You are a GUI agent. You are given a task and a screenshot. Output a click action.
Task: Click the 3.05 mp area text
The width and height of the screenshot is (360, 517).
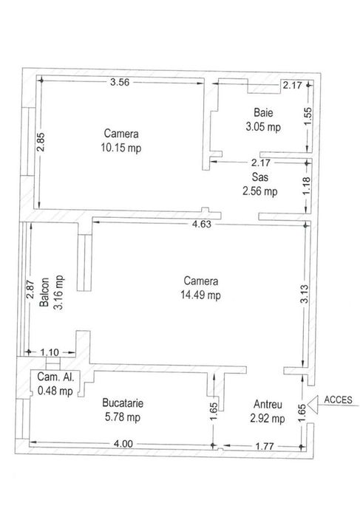[x=263, y=126]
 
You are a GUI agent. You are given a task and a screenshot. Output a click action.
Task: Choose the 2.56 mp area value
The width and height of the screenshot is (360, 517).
[x=260, y=191]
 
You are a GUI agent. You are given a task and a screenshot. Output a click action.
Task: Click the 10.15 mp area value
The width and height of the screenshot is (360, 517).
[x=122, y=147]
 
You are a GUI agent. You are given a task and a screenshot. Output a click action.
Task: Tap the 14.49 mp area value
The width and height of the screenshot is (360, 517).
[x=202, y=295]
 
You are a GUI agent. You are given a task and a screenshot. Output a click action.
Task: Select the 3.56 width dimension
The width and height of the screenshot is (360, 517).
[x=120, y=82]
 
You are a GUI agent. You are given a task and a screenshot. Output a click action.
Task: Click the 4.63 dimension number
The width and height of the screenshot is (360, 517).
[x=202, y=225]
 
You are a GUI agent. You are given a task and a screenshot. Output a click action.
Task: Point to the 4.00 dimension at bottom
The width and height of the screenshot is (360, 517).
[x=123, y=444]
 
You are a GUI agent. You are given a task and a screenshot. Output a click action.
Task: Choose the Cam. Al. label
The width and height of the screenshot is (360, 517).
[x=55, y=377]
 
